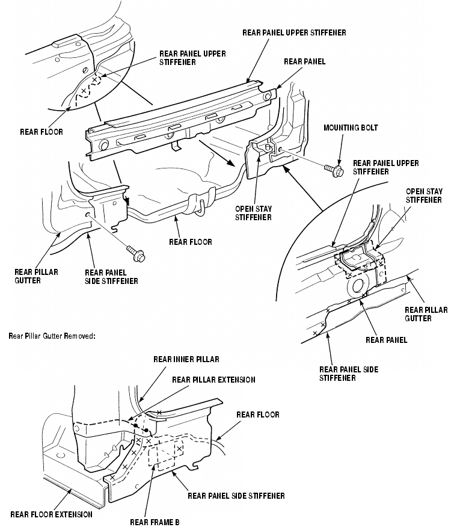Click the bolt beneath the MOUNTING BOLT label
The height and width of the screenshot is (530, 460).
coord(334,171)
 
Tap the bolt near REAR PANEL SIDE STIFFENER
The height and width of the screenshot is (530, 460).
coord(135,254)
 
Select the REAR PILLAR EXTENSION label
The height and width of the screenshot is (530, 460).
coord(213,380)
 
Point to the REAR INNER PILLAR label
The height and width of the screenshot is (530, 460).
coord(186,360)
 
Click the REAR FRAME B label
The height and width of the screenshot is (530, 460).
coord(155,522)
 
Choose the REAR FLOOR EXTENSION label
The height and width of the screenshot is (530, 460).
coord(52,514)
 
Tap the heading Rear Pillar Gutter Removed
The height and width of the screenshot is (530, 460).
coord(52,336)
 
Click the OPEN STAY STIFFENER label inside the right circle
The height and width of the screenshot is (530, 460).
coord(424,196)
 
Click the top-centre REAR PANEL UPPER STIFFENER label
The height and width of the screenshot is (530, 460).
coord(294,32)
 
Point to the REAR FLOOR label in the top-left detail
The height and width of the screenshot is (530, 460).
coord(40,131)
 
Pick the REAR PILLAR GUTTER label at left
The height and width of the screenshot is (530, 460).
coord(37,276)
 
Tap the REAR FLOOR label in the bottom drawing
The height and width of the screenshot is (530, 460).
coord(257,415)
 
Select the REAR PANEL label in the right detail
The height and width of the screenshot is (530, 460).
coord(386,340)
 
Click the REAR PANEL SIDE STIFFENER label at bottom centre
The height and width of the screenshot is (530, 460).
coord(236,496)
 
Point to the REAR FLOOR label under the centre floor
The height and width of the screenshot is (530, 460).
coord(191,242)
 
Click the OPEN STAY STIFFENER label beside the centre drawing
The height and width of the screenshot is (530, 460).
coord(254,213)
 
